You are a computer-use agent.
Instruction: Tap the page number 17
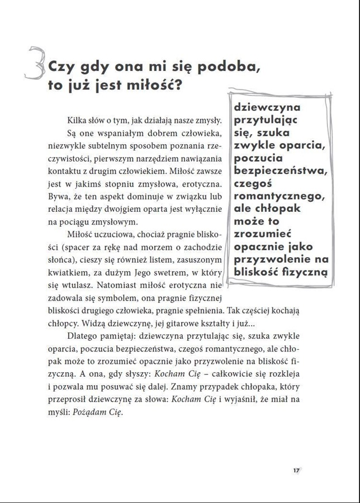(x=296, y=470)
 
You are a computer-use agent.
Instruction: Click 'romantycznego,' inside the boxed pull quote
(x=279, y=196)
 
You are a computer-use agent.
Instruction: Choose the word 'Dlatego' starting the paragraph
(x=82, y=336)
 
